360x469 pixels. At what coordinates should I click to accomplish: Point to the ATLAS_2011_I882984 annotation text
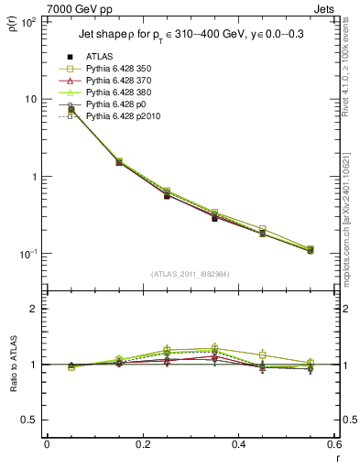190,273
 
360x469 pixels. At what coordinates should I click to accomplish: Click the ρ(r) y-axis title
13,23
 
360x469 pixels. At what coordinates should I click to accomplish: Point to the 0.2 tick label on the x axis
142,445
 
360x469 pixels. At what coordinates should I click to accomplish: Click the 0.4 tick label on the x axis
238,445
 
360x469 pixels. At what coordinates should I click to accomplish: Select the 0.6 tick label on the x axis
333,445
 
